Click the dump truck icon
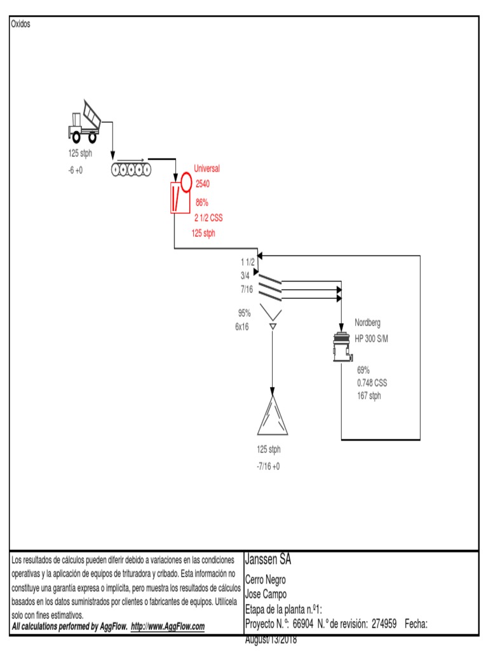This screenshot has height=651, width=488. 85,121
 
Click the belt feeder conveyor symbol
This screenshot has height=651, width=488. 131,167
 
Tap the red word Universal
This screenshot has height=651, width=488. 207,168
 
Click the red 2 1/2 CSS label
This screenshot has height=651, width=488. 208,218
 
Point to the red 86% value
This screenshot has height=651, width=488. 202,203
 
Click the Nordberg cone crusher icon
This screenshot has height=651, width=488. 342,347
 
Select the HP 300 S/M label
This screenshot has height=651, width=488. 371,339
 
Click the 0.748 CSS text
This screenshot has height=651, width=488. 372,383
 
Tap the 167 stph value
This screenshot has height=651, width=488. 369,395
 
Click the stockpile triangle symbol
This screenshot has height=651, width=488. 273,415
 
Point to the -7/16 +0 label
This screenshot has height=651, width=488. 268,466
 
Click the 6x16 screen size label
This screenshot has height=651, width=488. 242,327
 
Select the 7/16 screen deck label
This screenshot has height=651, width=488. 247,289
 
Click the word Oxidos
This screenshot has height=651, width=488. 20,24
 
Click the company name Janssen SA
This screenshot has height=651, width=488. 268,559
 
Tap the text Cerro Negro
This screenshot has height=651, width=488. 265,580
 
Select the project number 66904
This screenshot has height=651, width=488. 303,624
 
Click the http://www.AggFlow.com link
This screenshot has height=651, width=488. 168,626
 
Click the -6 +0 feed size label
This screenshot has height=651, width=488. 76,170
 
